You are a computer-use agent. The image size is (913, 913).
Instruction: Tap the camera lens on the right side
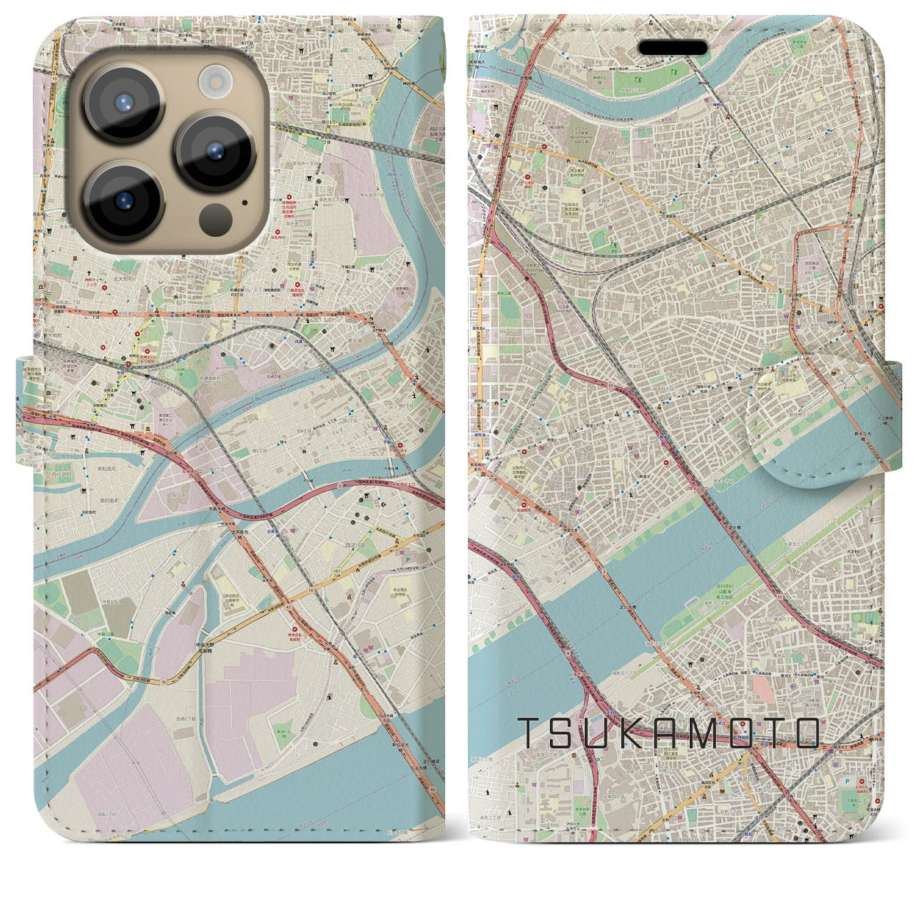(215, 151)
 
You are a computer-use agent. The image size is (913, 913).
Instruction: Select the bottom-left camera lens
(123, 200)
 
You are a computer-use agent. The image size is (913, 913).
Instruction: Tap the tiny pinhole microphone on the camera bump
(245, 202)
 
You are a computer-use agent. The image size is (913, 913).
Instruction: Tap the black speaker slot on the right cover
(673, 48)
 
